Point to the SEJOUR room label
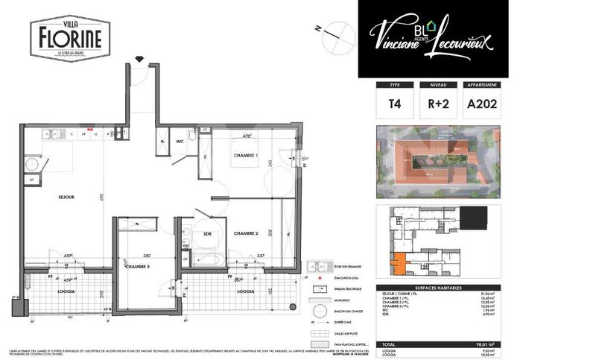point(68,198)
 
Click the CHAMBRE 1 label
point(245,155)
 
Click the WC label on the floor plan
point(180,140)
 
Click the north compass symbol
point(335,33)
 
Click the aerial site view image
point(437,162)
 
